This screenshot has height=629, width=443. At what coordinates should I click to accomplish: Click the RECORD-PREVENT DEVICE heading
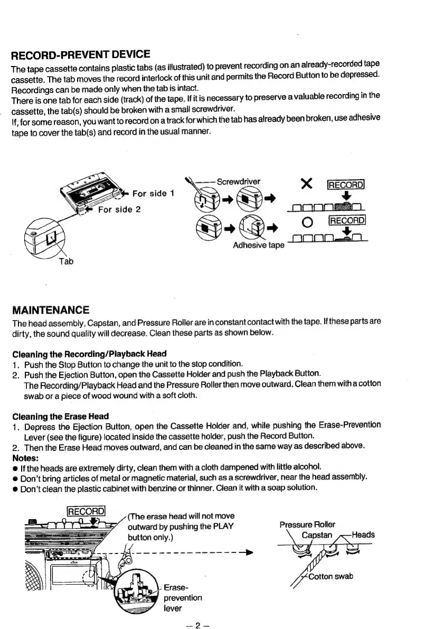(x=81, y=54)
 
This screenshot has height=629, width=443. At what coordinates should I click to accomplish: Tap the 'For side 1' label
(x=153, y=193)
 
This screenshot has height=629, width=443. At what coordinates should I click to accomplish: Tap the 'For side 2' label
(x=119, y=209)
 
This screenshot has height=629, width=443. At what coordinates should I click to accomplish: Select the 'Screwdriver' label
(x=239, y=182)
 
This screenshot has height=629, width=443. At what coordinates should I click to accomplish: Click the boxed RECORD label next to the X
(x=347, y=185)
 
